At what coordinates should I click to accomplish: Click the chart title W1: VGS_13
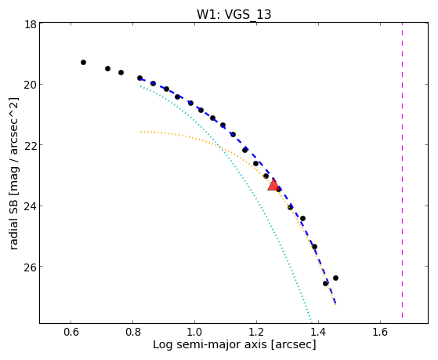click(x=233, y=14)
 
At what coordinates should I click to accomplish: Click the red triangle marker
click(x=273, y=185)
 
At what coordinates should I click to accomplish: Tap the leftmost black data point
click(x=83, y=62)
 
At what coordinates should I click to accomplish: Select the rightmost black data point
click(x=336, y=278)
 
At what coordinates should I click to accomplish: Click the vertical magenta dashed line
click(x=402, y=170)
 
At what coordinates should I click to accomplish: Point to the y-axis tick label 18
click(x=31, y=24)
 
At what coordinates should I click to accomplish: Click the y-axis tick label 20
click(x=31, y=85)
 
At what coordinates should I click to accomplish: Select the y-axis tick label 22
click(x=31, y=145)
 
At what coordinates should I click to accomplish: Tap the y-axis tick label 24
click(x=31, y=205)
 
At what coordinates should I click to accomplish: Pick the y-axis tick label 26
click(x=31, y=267)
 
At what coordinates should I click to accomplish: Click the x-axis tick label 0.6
click(x=71, y=332)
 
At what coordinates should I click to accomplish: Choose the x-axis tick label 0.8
click(x=132, y=332)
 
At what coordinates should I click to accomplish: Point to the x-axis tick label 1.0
click(x=194, y=332)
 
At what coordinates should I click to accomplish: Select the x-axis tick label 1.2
click(x=256, y=332)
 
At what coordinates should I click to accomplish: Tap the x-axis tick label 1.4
click(x=318, y=332)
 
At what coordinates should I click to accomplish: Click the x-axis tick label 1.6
click(x=380, y=332)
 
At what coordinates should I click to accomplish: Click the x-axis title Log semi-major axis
click(x=210, y=344)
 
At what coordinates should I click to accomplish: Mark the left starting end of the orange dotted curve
click(x=141, y=132)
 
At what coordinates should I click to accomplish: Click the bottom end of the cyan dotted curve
click(x=311, y=322)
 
